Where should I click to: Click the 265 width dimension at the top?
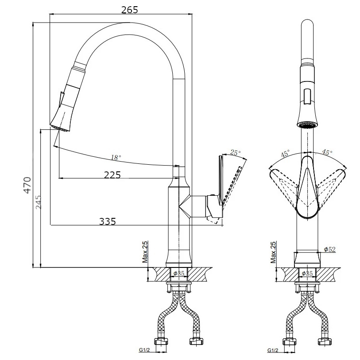coord(129,10)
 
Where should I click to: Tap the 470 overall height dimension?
coord(27,185)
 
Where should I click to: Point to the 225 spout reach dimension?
coord(112,174)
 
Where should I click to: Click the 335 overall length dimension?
coord(107,221)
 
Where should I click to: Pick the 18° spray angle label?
coord(116,157)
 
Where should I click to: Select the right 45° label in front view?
coord(327,153)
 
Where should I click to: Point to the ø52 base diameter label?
coord(329,249)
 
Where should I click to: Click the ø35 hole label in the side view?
coord(178,273)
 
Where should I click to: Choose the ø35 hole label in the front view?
coord(307,273)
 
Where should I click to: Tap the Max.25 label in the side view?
coord(144,252)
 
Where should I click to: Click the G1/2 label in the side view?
coord(144,350)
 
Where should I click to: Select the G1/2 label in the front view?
coord(273,350)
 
